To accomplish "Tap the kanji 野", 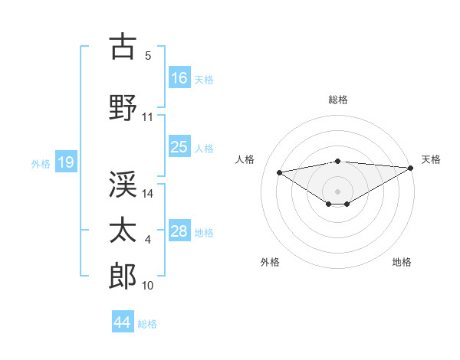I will tap(123, 106).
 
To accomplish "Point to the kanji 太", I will tap(123, 230).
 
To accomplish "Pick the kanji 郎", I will tap(123, 276).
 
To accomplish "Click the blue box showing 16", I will tap(179, 78).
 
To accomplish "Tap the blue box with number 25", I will tap(179, 147).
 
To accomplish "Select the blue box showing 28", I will tap(179, 231).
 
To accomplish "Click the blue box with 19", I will tap(65, 162).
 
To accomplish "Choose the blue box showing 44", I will tap(123, 322).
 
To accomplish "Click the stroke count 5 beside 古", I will tap(148, 56).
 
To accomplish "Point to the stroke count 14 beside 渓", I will tap(149, 194).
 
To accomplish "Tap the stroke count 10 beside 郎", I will tap(148, 286).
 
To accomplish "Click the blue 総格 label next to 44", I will tap(147, 324).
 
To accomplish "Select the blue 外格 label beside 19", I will tap(40, 163).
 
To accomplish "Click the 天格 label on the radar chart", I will tap(431, 159).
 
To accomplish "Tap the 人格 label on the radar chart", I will tap(245, 159).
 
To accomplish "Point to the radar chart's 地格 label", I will tap(402, 262).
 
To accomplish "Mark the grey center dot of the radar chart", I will tap(337, 190).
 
